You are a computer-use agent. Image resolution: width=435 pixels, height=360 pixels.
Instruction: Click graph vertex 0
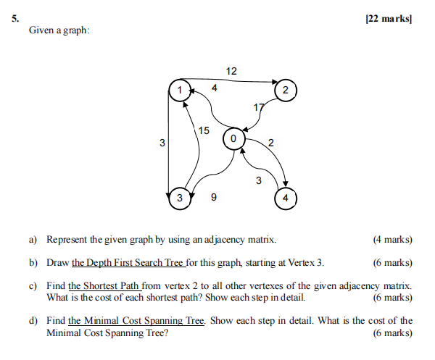point(233,137)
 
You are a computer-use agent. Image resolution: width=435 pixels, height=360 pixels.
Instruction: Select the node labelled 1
point(177,90)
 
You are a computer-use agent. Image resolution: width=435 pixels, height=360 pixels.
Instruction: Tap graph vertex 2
point(286,90)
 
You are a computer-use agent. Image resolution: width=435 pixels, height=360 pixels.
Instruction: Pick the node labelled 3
point(178,197)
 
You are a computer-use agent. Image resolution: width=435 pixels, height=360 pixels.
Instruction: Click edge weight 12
point(231,71)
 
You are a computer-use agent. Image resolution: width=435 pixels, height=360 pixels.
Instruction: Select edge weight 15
point(204,131)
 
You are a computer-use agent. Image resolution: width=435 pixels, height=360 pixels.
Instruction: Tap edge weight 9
point(212,196)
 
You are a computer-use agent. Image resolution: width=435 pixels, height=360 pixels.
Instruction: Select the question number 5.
point(16,19)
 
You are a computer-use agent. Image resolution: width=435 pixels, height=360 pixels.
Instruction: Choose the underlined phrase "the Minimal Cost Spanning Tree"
point(136,320)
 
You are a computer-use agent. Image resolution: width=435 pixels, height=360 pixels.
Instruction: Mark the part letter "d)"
point(34,320)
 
